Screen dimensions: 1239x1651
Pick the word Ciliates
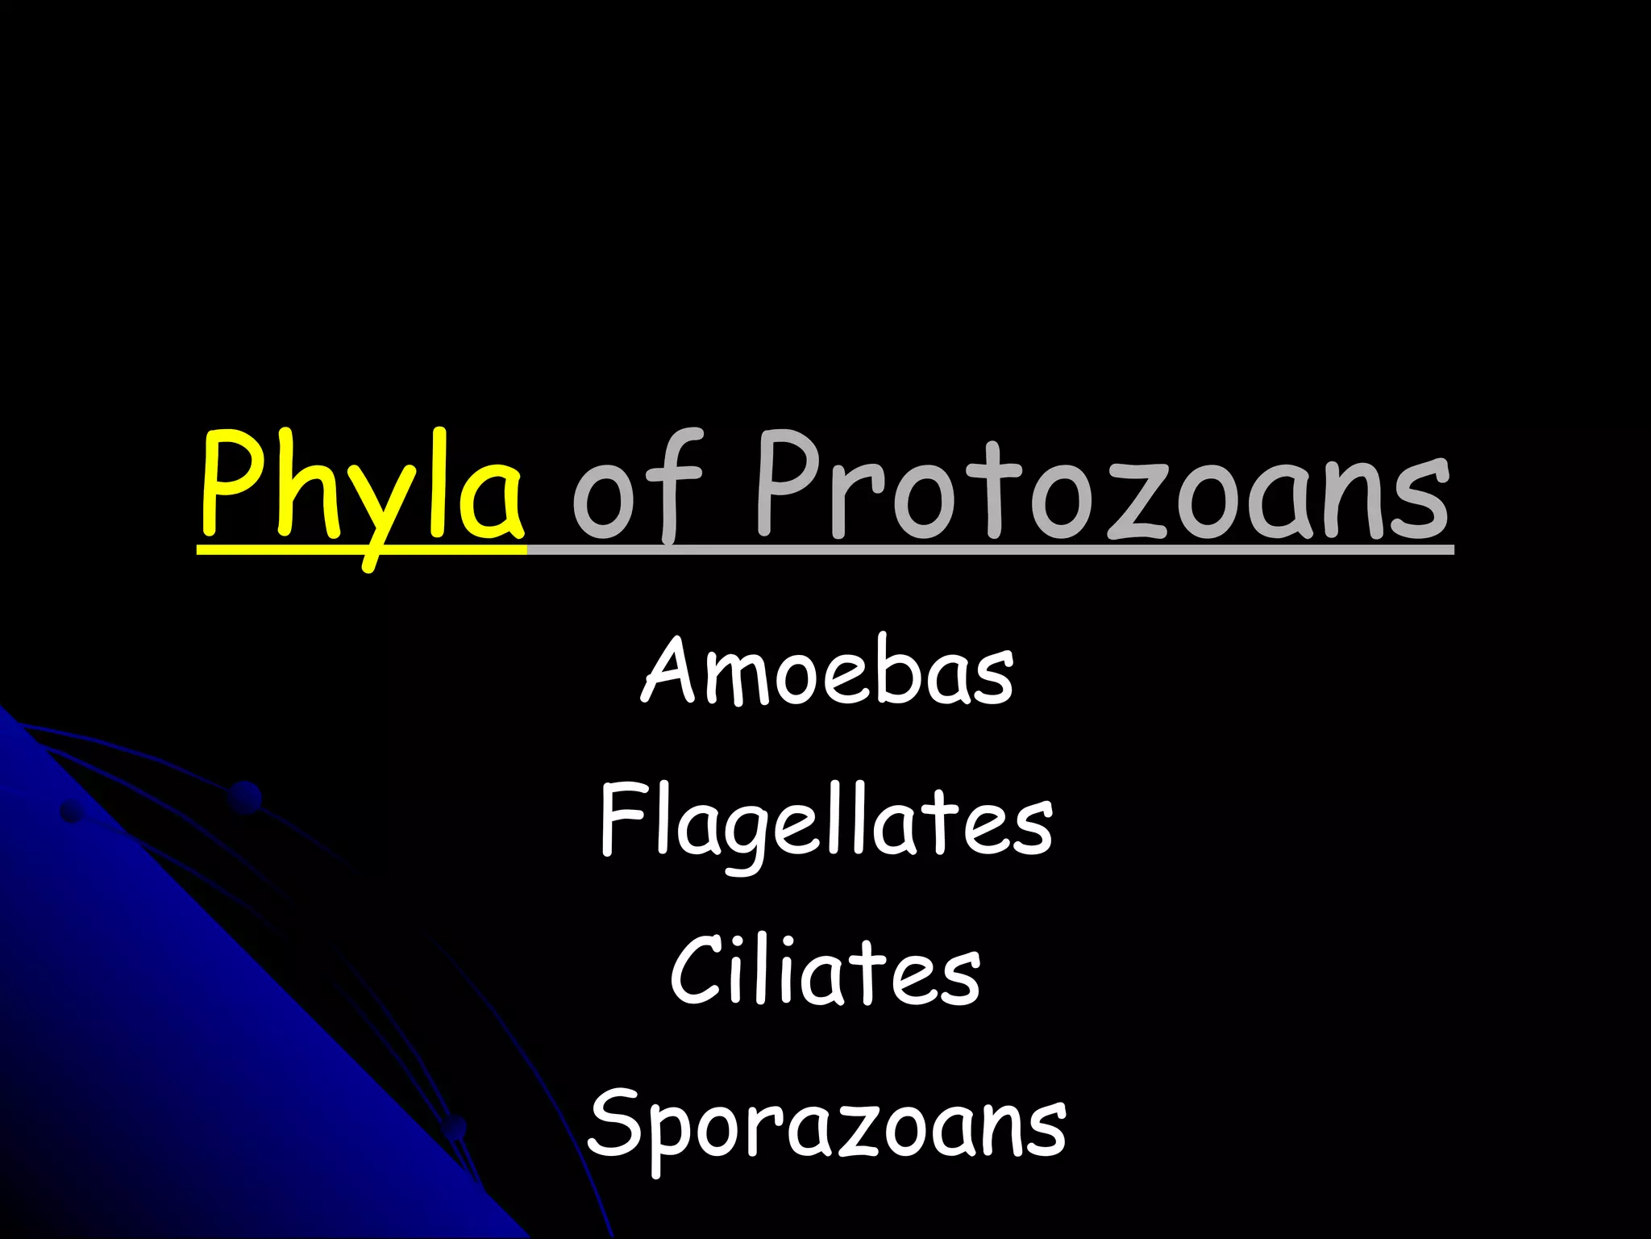(825, 971)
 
